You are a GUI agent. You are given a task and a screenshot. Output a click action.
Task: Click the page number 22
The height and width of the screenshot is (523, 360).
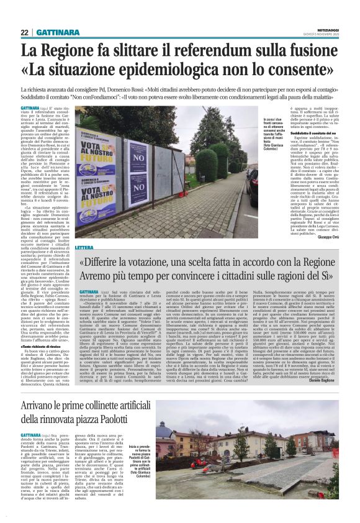click(x=25, y=32)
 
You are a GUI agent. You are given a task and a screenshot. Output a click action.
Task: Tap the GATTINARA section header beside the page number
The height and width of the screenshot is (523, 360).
click(x=56, y=32)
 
